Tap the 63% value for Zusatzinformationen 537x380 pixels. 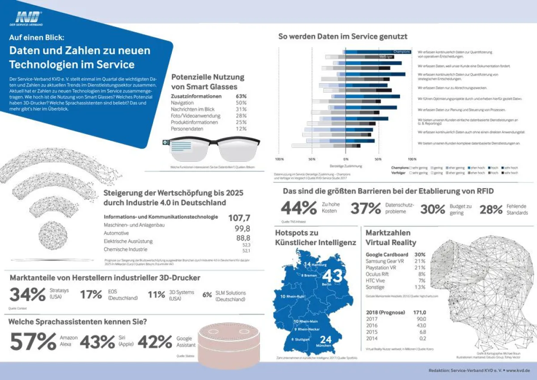pos(241,96)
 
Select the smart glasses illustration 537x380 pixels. pos(210,148)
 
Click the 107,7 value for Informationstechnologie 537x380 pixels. pos(239,218)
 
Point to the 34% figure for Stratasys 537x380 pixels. pos(27,295)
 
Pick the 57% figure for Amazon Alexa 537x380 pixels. pos(33,342)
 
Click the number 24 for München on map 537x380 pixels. pos(325,340)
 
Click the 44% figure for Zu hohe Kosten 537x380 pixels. pos(298,208)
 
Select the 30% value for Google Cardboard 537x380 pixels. pos(420,255)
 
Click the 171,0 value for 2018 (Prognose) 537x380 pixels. pos(419,312)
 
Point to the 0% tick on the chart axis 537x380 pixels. pos(345,159)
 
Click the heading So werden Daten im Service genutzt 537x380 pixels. pos(343,36)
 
